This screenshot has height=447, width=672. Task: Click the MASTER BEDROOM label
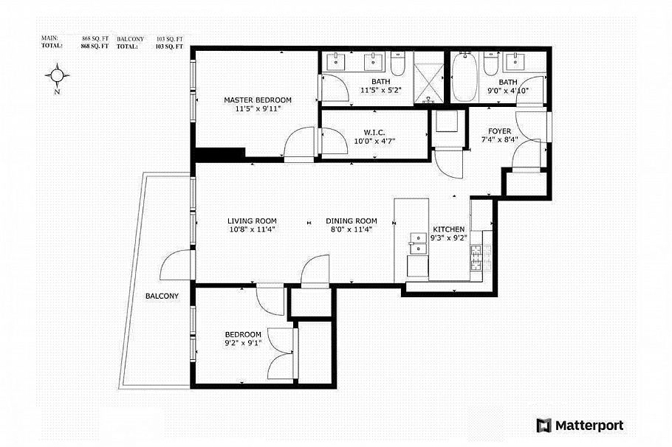[x=258, y=100]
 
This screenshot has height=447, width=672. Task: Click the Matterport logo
[x=580, y=425]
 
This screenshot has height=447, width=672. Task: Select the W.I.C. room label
[x=354, y=133]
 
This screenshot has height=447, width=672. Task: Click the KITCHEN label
[x=448, y=229]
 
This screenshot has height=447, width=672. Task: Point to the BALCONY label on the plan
[x=162, y=296]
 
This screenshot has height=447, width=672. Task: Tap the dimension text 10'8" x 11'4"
[x=252, y=229]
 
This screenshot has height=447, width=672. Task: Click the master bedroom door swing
[x=301, y=142]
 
